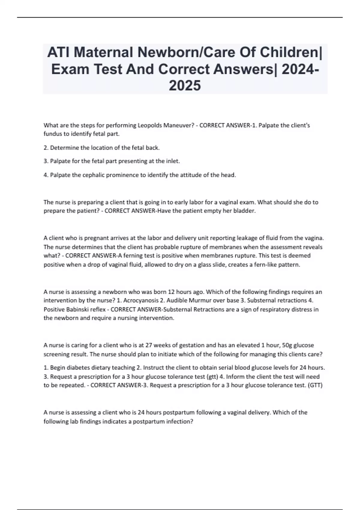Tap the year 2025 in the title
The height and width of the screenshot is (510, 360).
tap(185, 86)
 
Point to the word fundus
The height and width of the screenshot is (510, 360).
tap(52, 134)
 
